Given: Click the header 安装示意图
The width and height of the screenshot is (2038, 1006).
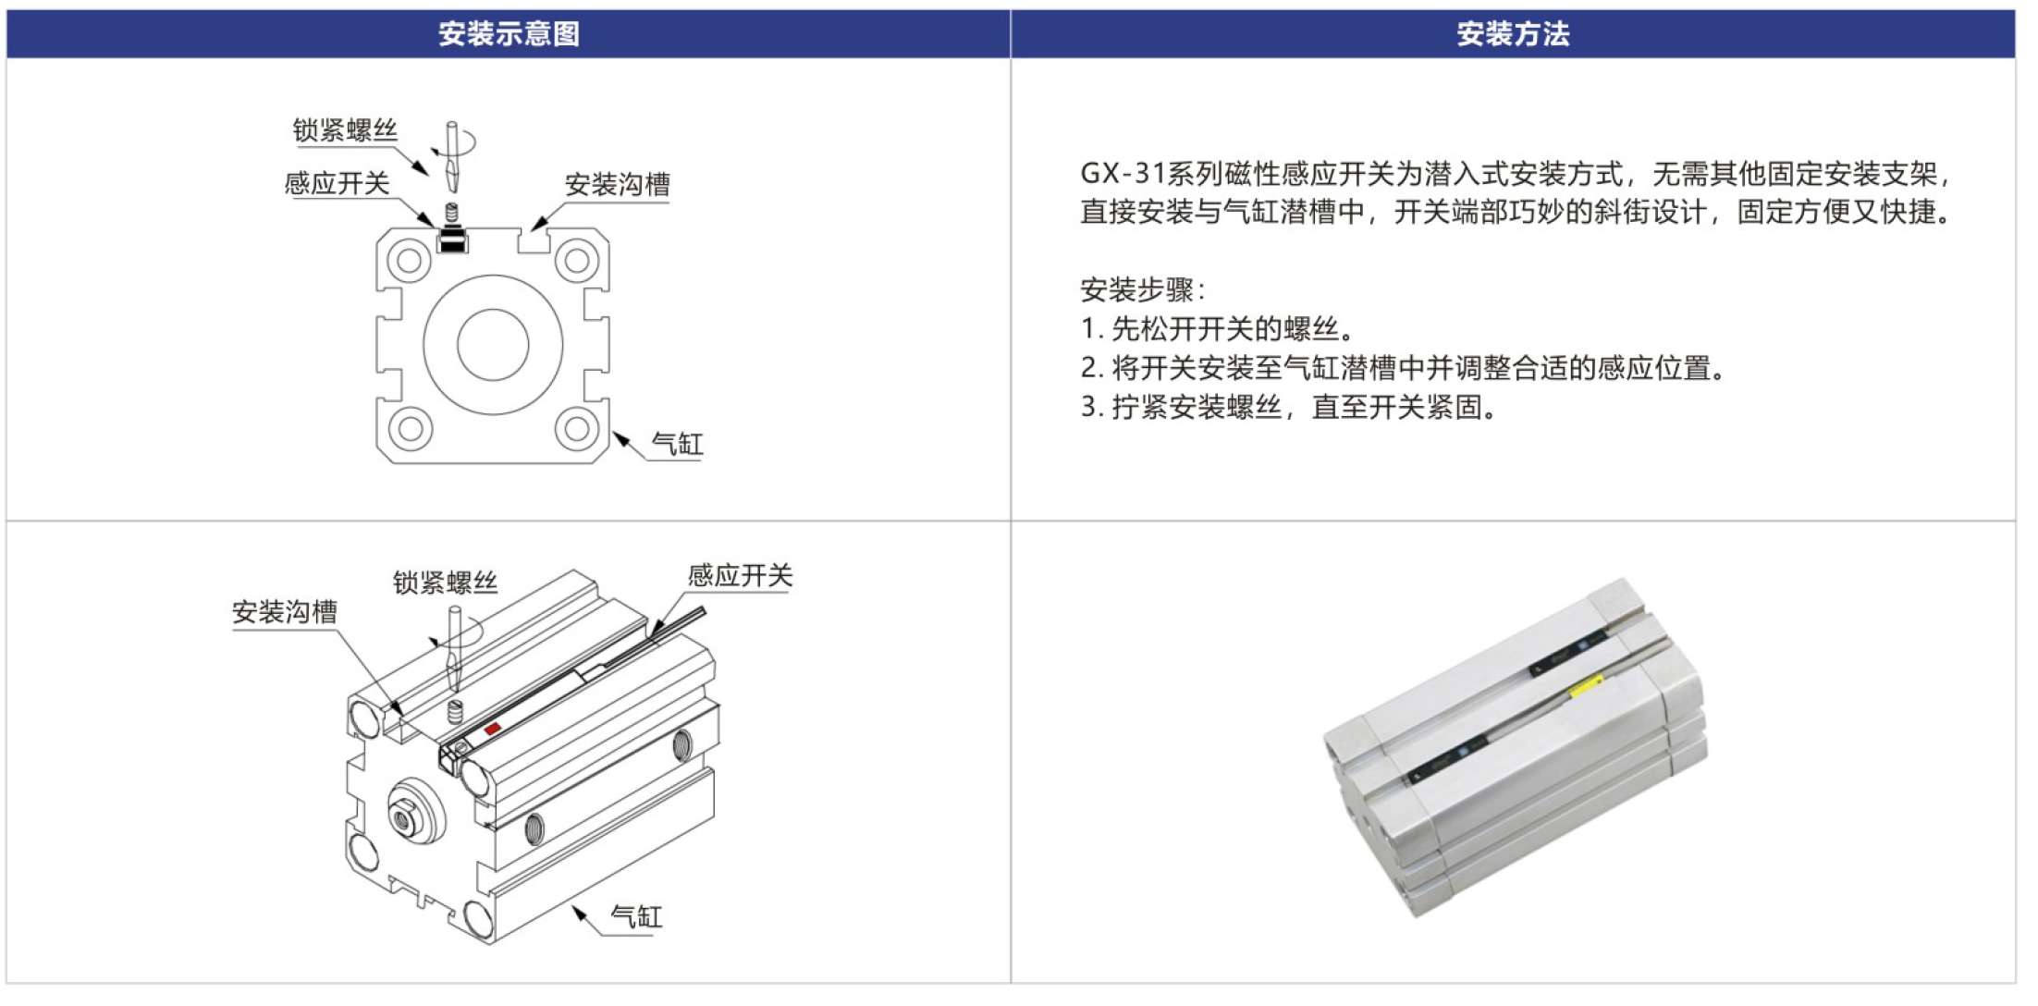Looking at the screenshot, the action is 509,34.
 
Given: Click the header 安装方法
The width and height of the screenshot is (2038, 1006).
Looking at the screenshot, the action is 1513,34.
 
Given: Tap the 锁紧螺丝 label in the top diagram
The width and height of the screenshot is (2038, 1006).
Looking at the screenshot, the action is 345,130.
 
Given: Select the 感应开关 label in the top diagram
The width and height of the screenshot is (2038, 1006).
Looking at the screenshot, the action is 338,183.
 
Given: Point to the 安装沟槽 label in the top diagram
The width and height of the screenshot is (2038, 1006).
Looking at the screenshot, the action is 618,185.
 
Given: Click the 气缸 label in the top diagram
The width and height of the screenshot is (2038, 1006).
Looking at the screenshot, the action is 678,444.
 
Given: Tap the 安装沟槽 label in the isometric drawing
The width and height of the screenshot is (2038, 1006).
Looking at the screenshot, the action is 285,612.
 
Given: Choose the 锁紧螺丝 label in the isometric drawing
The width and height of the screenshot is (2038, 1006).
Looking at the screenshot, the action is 446,583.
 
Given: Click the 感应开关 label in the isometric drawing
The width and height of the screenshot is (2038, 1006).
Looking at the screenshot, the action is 741,576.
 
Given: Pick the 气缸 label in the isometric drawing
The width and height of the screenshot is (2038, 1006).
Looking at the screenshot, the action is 636,916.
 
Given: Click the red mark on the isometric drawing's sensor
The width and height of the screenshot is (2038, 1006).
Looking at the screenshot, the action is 493,729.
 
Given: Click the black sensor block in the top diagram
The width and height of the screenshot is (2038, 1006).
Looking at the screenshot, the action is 452,242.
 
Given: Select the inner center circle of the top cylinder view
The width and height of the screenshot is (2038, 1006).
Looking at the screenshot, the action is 493,344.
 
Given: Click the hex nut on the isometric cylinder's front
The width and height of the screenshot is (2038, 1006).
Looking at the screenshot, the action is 404,817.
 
